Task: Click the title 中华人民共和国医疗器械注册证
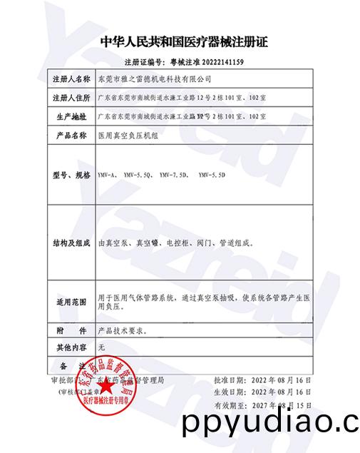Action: [184, 42]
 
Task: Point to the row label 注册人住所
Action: [71, 96]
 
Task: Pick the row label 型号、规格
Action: [71, 174]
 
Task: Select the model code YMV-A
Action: [106, 174]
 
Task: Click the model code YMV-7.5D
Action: [173, 174]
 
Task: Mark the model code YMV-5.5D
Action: [212, 174]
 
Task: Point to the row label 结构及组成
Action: [71, 242]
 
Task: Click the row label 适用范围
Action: [71, 302]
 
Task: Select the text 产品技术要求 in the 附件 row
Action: [120, 331]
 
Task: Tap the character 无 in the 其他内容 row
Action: [101, 347]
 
